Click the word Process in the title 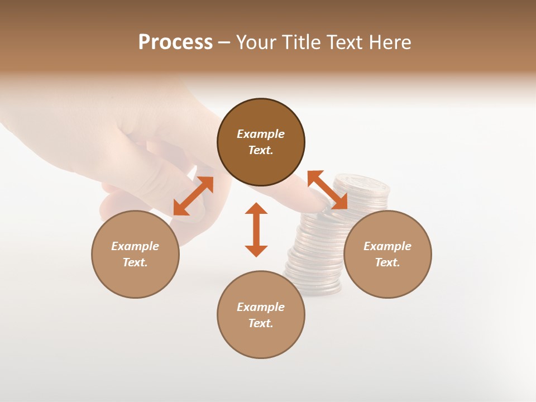tap(175, 42)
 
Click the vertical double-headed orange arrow tap(256, 229)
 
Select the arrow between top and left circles tap(193, 196)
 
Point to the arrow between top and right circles tap(328, 190)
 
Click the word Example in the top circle tap(261, 134)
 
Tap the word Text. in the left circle tap(135, 262)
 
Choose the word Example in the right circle tap(387, 246)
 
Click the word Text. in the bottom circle tap(261, 323)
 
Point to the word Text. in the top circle tap(261, 150)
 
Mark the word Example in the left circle tap(135, 246)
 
